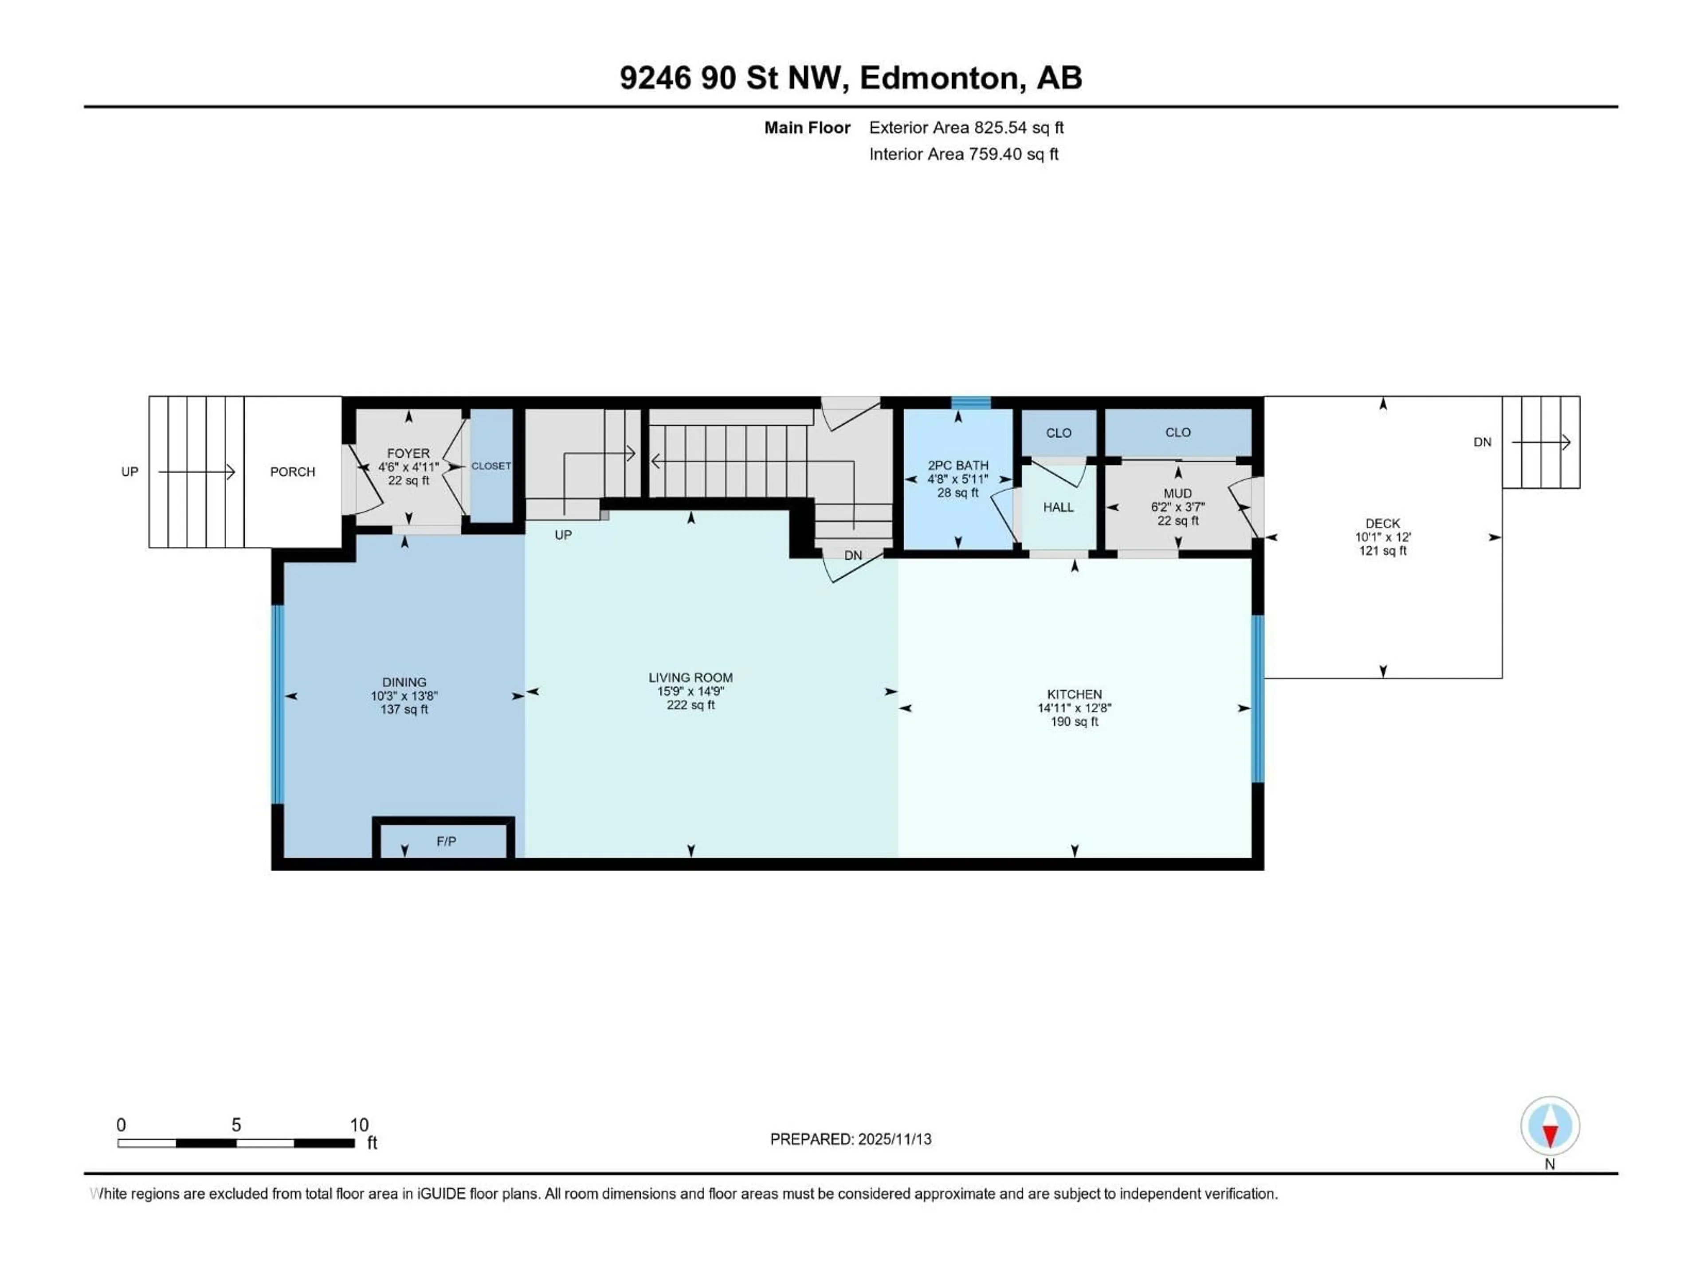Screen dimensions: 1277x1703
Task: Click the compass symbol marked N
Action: coord(1550,1127)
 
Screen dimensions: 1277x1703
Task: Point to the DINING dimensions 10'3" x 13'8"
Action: coord(404,696)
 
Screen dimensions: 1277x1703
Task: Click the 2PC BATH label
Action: coord(958,466)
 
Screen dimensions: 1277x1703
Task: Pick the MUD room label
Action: coord(1177,494)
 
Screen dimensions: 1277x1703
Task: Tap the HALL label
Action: coord(1058,507)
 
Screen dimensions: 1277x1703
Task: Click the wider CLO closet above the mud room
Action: coord(1177,433)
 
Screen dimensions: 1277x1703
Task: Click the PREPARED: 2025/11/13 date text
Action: coord(850,1139)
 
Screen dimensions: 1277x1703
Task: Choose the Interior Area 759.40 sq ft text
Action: coord(963,154)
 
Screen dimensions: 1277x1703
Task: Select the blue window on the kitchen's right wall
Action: coord(1257,699)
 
